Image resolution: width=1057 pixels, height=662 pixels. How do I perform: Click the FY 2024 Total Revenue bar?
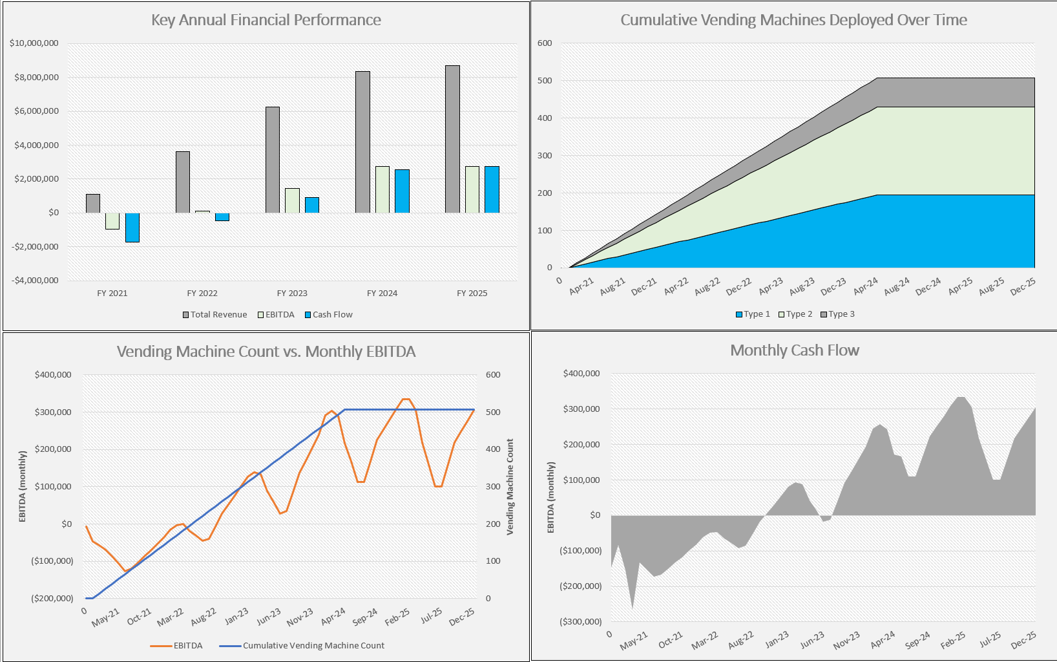362,142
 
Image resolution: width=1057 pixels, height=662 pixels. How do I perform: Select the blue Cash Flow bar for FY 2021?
132,228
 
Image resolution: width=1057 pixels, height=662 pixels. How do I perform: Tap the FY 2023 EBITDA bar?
292,200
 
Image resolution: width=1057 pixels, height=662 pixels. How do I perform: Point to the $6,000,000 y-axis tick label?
36,111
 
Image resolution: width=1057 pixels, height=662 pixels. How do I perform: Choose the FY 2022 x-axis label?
202,294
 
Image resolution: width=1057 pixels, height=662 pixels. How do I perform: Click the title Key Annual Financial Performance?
266,20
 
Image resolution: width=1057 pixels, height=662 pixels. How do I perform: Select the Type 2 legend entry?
795,314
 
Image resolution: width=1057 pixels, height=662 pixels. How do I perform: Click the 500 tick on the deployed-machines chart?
545,81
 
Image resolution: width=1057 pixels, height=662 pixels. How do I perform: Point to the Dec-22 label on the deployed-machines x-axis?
738,286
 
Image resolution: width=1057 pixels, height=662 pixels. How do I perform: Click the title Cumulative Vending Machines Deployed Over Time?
793,20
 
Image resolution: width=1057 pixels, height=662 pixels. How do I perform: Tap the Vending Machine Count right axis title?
510,486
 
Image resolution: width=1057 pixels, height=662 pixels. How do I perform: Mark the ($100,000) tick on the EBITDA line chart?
52,561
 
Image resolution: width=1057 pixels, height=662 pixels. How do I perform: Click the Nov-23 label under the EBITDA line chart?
300,617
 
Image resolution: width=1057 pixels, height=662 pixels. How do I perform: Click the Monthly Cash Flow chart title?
794,350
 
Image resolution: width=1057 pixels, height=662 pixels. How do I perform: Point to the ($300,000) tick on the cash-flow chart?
580,622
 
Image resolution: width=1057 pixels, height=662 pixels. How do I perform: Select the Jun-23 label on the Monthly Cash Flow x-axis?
812,639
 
